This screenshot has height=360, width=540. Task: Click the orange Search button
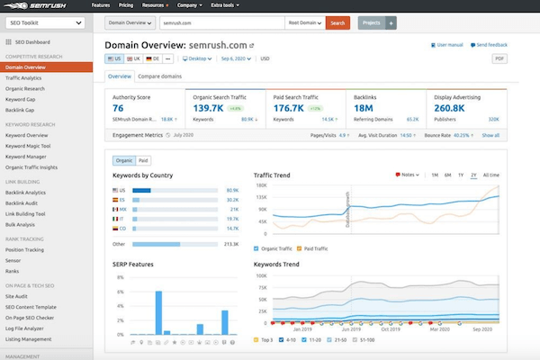pos(337,22)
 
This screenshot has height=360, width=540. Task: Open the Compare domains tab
pos(160,76)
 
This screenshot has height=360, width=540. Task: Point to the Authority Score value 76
pos(118,108)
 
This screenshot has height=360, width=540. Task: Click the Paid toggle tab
pos(143,159)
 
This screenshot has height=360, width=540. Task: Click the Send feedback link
pos(491,42)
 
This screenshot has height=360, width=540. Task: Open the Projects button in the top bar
pos(370,22)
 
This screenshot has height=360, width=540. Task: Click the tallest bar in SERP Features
pos(158,311)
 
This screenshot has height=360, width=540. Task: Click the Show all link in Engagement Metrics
pos(490,135)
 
